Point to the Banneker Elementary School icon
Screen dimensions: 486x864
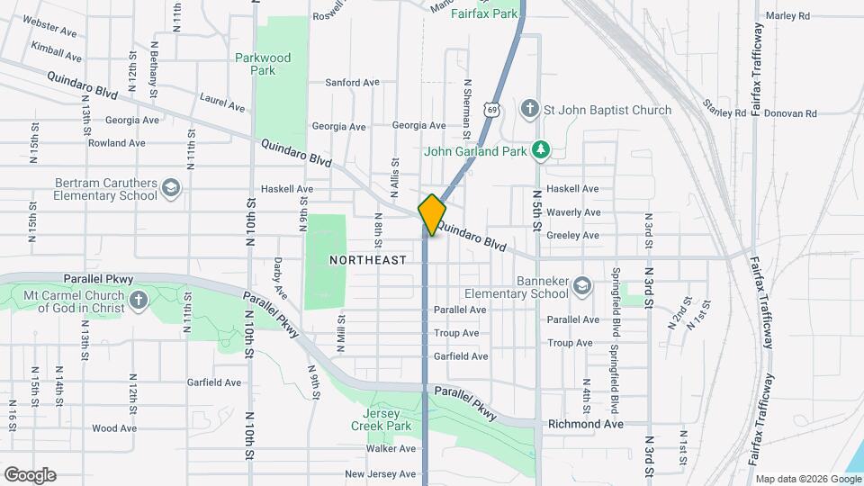pyautogui.click(x=582, y=286)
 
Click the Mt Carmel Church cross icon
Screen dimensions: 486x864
pyautogui.click(x=138, y=301)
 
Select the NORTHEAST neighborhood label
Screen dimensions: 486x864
pyautogui.click(x=367, y=259)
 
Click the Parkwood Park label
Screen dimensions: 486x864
pyautogui.click(x=263, y=64)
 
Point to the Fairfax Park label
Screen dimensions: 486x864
pyautogui.click(x=484, y=13)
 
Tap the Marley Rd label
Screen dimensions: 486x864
pyautogui.click(x=787, y=15)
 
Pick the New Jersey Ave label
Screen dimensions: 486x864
pyautogui.click(x=381, y=473)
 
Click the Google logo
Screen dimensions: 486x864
pyautogui.click(x=30, y=475)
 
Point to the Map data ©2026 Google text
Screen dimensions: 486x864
pyautogui.click(x=806, y=479)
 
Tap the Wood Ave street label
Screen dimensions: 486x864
pyautogui.click(x=114, y=428)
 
